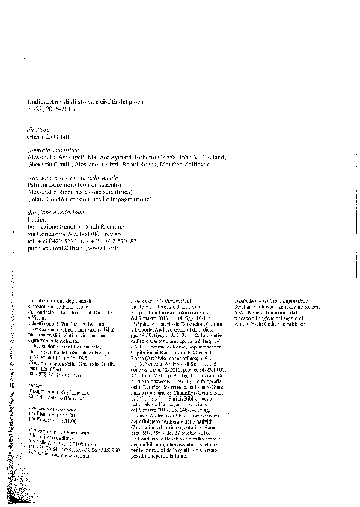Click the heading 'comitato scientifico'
point(49,147)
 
